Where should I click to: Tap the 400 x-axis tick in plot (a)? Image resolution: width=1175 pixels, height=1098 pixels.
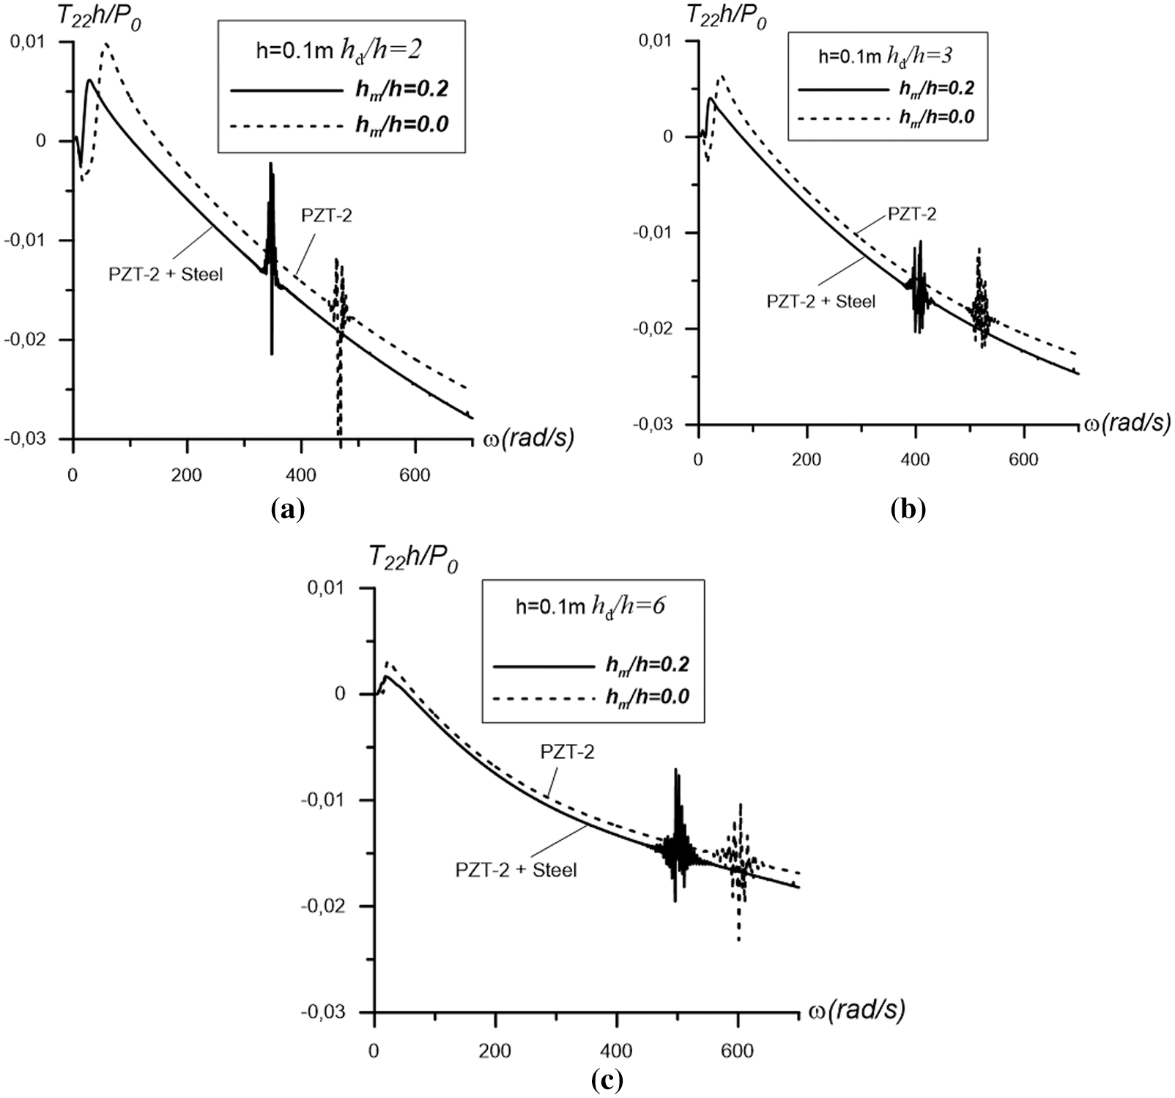pyautogui.click(x=301, y=476)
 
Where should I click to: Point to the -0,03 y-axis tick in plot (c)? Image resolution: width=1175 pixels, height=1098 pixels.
pyautogui.click(x=324, y=1013)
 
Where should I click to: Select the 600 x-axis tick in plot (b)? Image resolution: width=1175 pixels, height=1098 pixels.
pyautogui.click(x=1023, y=460)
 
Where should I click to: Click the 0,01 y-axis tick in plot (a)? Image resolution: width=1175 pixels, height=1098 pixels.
pyautogui.click(x=27, y=42)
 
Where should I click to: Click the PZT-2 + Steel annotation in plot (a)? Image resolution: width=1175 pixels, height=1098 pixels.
pyautogui.click(x=161, y=275)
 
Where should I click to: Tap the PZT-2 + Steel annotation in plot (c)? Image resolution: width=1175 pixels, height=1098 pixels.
pyautogui.click(x=516, y=870)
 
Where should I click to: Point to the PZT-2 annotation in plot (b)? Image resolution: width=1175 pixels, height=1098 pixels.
pyautogui.click(x=912, y=214)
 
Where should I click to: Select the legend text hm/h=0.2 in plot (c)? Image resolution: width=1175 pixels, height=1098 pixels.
pyautogui.click(x=647, y=665)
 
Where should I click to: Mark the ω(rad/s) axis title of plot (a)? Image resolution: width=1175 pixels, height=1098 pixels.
pyautogui.click(x=528, y=438)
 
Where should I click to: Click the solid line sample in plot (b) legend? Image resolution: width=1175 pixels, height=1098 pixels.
pyautogui.click(x=842, y=89)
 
